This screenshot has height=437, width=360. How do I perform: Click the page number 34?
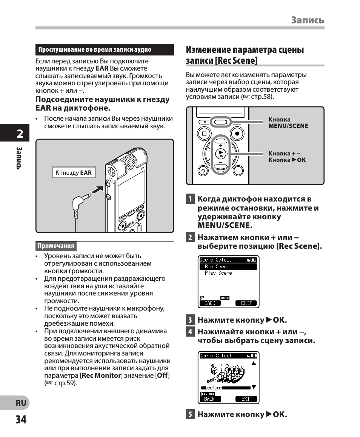[x=21, y=419]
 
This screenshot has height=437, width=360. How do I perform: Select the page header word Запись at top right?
[x=308, y=20]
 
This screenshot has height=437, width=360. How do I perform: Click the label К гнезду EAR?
[x=74, y=172]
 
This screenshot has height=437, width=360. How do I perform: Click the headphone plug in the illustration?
[x=80, y=201]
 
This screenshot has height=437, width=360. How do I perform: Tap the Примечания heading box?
[x=56, y=246]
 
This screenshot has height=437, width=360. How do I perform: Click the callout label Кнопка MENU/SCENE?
[x=288, y=123]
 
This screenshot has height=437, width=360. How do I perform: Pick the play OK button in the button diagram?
[x=220, y=154]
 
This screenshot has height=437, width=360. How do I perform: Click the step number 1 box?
[x=190, y=199]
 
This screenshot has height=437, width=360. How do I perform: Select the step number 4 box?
[x=190, y=332]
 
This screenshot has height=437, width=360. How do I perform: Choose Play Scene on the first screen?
[x=218, y=273]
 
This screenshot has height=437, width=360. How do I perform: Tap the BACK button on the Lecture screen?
[x=209, y=399]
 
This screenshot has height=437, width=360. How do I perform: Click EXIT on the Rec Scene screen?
[x=246, y=303]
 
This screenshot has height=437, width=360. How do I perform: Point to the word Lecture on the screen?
[x=213, y=388]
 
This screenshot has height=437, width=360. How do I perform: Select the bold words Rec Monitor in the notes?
[x=101, y=375]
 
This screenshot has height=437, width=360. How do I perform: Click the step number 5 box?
[x=190, y=414]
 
